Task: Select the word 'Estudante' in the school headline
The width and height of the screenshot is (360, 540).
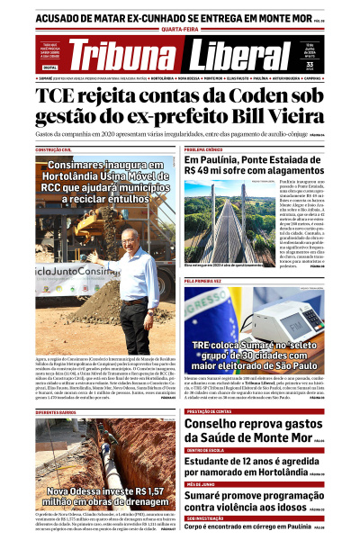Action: pos(216,462)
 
